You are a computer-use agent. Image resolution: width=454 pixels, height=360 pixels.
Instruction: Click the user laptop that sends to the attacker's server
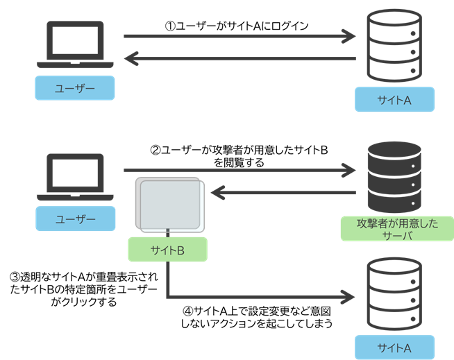(75, 178)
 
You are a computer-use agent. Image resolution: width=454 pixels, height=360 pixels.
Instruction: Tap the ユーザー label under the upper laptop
(75, 88)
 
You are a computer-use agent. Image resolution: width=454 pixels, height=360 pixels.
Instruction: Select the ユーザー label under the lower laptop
(75, 219)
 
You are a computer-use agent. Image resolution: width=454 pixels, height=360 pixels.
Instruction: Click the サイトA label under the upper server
(394, 100)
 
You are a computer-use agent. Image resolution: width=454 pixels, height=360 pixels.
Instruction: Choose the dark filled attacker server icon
(394, 178)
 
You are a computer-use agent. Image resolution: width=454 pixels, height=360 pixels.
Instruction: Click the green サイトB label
(167, 250)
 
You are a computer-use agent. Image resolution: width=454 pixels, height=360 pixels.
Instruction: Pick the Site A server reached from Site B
(394, 294)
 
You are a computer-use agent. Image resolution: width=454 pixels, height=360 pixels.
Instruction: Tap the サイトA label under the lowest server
(394, 347)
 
